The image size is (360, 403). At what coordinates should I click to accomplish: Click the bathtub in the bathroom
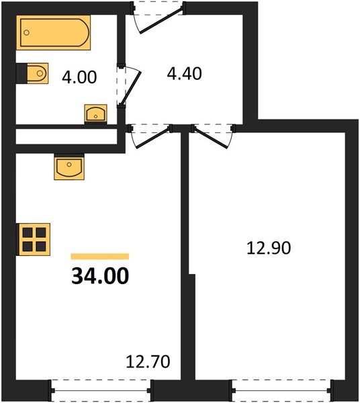tap(54, 34)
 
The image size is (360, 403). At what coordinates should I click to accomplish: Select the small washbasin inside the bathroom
tap(96, 114)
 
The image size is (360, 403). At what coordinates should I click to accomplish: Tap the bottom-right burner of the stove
tap(40, 244)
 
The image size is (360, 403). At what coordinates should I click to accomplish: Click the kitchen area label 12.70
tap(148, 362)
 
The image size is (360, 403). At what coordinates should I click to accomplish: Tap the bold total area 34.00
tap(100, 276)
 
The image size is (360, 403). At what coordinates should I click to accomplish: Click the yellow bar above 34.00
tap(99, 256)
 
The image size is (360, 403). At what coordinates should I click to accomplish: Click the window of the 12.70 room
tap(101, 388)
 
